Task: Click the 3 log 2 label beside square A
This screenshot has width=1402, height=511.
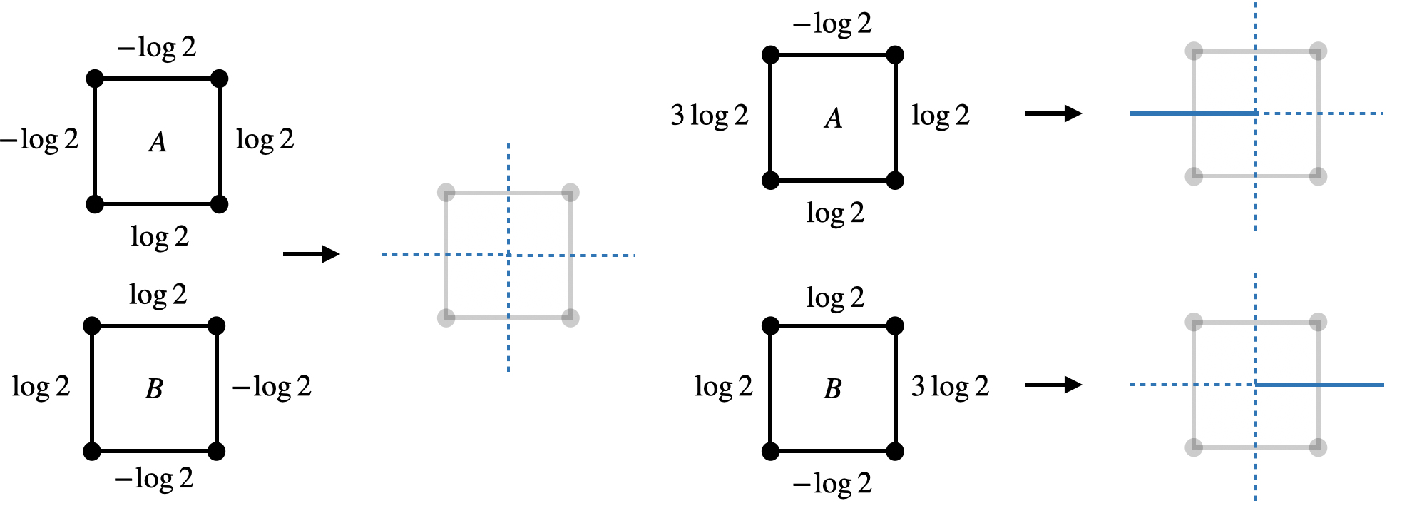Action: click(x=709, y=116)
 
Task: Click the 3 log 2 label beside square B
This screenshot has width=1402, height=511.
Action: click(x=950, y=387)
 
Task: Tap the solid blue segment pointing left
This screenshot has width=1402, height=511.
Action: click(x=1192, y=113)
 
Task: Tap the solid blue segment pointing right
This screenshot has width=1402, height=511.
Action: click(x=1319, y=385)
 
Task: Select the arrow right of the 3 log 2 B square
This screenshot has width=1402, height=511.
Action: click(x=1053, y=385)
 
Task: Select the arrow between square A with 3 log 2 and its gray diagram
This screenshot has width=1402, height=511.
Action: click(x=1053, y=113)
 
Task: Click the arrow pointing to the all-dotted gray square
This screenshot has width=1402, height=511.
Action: click(x=311, y=254)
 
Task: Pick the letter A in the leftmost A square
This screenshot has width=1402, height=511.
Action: click(x=158, y=142)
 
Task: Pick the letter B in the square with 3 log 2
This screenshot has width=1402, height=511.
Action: click(x=832, y=389)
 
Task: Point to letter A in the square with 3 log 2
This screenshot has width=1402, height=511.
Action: click(x=833, y=118)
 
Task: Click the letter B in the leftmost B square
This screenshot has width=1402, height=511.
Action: click(x=154, y=389)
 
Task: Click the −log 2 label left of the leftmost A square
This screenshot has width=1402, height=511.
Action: click(x=39, y=140)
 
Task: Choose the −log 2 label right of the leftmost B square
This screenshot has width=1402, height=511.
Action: click(x=272, y=387)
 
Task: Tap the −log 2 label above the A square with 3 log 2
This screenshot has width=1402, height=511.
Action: click(x=832, y=24)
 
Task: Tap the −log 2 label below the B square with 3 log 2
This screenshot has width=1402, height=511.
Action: click(x=832, y=484)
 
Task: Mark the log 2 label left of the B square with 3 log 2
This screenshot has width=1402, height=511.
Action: click(x=723, y=387)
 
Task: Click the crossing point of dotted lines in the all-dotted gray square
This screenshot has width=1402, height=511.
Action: click(x=508, y=255)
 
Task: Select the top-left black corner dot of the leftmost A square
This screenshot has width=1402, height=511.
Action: click(x=95, y=79)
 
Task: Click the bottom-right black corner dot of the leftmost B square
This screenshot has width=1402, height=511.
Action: click(x=217, y=451)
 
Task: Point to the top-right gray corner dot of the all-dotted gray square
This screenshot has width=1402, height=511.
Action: click(x=570, y=193)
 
